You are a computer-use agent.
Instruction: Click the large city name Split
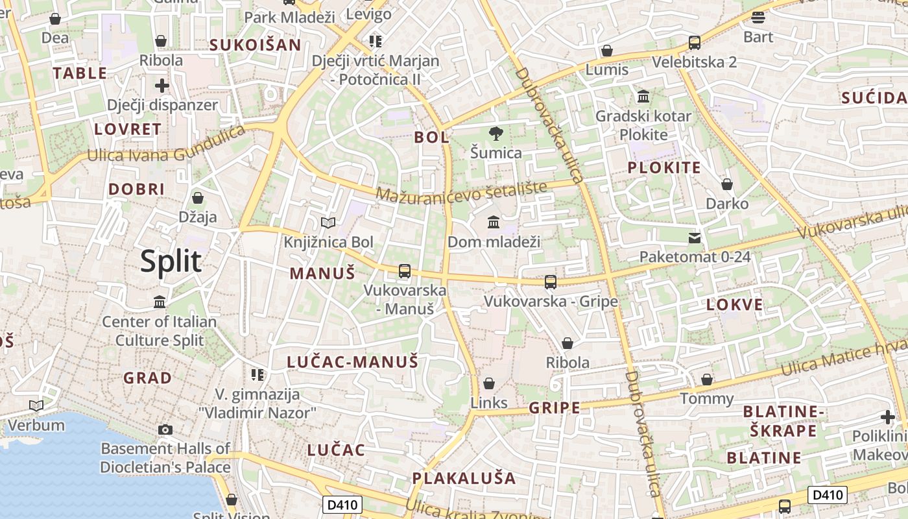[171, 261]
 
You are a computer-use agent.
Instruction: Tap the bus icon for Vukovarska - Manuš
[405, 271]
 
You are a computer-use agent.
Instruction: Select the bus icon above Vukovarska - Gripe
[551, 282]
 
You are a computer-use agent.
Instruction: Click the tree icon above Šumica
[496, 134]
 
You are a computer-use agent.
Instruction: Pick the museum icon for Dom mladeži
[494, 223]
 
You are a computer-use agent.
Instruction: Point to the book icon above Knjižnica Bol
[329, 223]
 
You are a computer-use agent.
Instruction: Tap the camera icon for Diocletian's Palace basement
[165, 429]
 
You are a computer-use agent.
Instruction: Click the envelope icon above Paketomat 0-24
[695, 237]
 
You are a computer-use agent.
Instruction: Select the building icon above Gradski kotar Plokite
[643, 97]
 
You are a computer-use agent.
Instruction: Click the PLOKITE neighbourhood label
[664, 168]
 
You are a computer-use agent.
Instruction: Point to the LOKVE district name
[735, 305]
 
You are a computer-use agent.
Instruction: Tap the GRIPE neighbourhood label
[555, 408]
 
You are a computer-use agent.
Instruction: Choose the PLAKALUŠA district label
[464, 479]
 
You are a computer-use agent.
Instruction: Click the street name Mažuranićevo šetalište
[461, 192]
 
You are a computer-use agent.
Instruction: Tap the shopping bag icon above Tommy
[707, 379]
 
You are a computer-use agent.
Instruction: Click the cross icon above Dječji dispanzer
[162, 85]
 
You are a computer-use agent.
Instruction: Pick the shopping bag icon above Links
[489, 383]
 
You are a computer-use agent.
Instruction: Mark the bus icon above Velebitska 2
[695, 43]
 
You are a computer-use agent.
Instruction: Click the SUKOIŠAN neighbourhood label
[255, 45]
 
